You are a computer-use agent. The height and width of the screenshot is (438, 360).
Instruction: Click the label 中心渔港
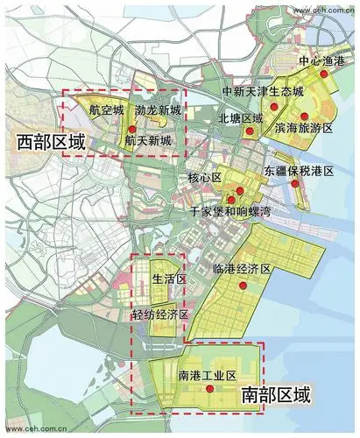(318, 63)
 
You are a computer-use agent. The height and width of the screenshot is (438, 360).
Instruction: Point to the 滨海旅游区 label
(304, 128)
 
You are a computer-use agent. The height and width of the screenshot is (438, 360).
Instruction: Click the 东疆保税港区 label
(300, 173)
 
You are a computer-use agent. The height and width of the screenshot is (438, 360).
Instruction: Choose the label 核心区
(206, 178)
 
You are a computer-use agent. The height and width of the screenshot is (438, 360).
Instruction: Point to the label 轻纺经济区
(161, 314)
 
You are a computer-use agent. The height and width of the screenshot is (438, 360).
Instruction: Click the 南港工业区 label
(208, 376)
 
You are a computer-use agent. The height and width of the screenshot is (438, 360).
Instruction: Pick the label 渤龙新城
(159, 111)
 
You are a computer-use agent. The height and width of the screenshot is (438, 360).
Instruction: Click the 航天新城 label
(147, 140)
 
